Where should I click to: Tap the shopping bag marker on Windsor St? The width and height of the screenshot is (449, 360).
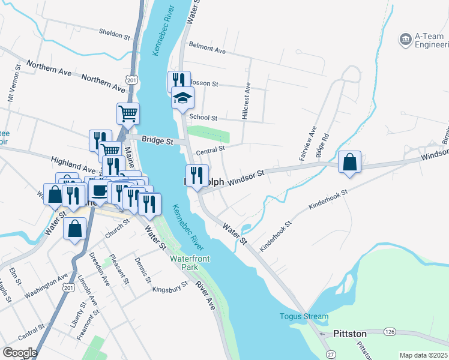pos(349,163)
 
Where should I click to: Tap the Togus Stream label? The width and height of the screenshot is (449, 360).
pos(304,316)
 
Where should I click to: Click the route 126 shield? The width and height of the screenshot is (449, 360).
pos(390,331)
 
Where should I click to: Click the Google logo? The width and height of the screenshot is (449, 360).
pos(20,352)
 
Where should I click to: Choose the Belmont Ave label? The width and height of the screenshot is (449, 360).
pos(207,48)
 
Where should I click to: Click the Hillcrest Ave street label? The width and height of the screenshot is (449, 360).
pos(246,103)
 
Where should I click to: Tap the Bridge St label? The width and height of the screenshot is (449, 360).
pos(157,141)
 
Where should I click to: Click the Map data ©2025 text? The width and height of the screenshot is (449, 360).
pos(423,355)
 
